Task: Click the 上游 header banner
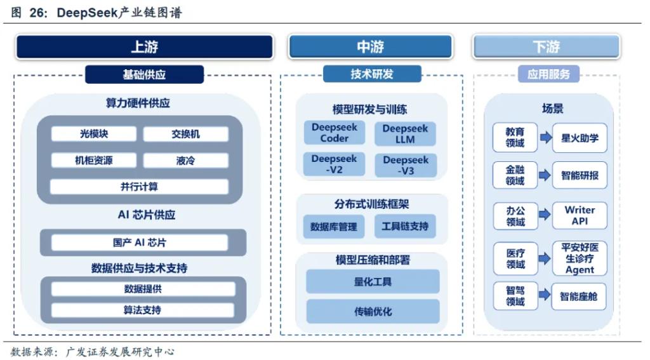pyautogui.click(x=144, y=46)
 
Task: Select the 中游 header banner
pyautogui.click(x=370, y=46)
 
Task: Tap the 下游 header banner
pyautogui.click(x=547, y=46)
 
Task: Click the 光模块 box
pyautogui.click(x=94, y=134)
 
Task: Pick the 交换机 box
pyautogui.click(x=186, y=134)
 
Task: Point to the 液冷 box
pyautogui.click(x=186, y=161)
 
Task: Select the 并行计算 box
pyautogui.click(x=139, y=187)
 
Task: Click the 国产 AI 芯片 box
pyautogui.click(x=139, y=243)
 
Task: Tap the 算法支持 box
pyautogui.click(x=142, y=310)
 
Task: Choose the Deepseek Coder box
pyautogui.click(x=334, y=133)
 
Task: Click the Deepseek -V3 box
pyautogui.click(x=406, y=165)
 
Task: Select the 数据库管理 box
pyautogui.click(x=334, y=227)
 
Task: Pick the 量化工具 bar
pyautogui.click(x=373, y=282)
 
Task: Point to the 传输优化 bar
pyautogui.click(x=373, y=312)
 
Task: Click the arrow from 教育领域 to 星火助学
pyautogui.click(x=545, y=137)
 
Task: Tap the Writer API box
pyautogui.click(x=580, y=216)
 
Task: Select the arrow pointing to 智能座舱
pyautogui.click(x=545, y=295)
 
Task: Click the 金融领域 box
pyautogui.click(x=515, y=175)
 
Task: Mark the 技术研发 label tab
pyautogui.click(x=372, y=74)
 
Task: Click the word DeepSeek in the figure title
pyautogui.click(x=87, y=13)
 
